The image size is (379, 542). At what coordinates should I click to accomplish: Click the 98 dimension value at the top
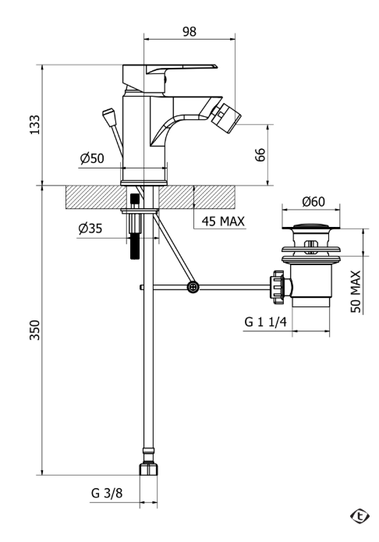[189, 31]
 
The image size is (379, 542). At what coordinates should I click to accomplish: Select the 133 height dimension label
[34, 125]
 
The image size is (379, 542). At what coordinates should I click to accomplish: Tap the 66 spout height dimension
[260, 154]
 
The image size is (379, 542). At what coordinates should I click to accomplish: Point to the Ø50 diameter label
[92, 158]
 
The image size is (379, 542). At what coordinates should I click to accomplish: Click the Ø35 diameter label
[90, 228]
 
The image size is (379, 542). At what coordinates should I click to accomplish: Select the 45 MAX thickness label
[223, 221]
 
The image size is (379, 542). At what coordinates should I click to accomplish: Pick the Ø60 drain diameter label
[313, 201]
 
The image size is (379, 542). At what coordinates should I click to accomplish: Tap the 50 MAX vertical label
[356, 292]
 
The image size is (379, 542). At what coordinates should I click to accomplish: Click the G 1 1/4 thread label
[266, 322]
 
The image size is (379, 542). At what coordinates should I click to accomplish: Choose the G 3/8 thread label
[107, 493]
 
